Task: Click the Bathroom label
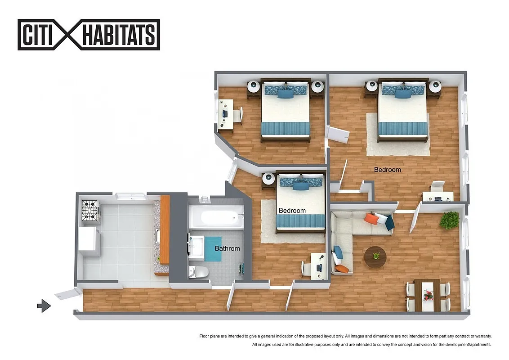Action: pos(227,248)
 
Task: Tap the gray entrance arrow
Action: pos(44,306)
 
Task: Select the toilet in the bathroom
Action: pos(197,271)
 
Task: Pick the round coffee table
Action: pos(375,257)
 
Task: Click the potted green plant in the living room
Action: pos(449,220)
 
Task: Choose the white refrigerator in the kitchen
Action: pos(89,241)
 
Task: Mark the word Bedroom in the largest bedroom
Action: pos(387,170)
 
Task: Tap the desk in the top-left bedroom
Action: pos(225,115)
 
